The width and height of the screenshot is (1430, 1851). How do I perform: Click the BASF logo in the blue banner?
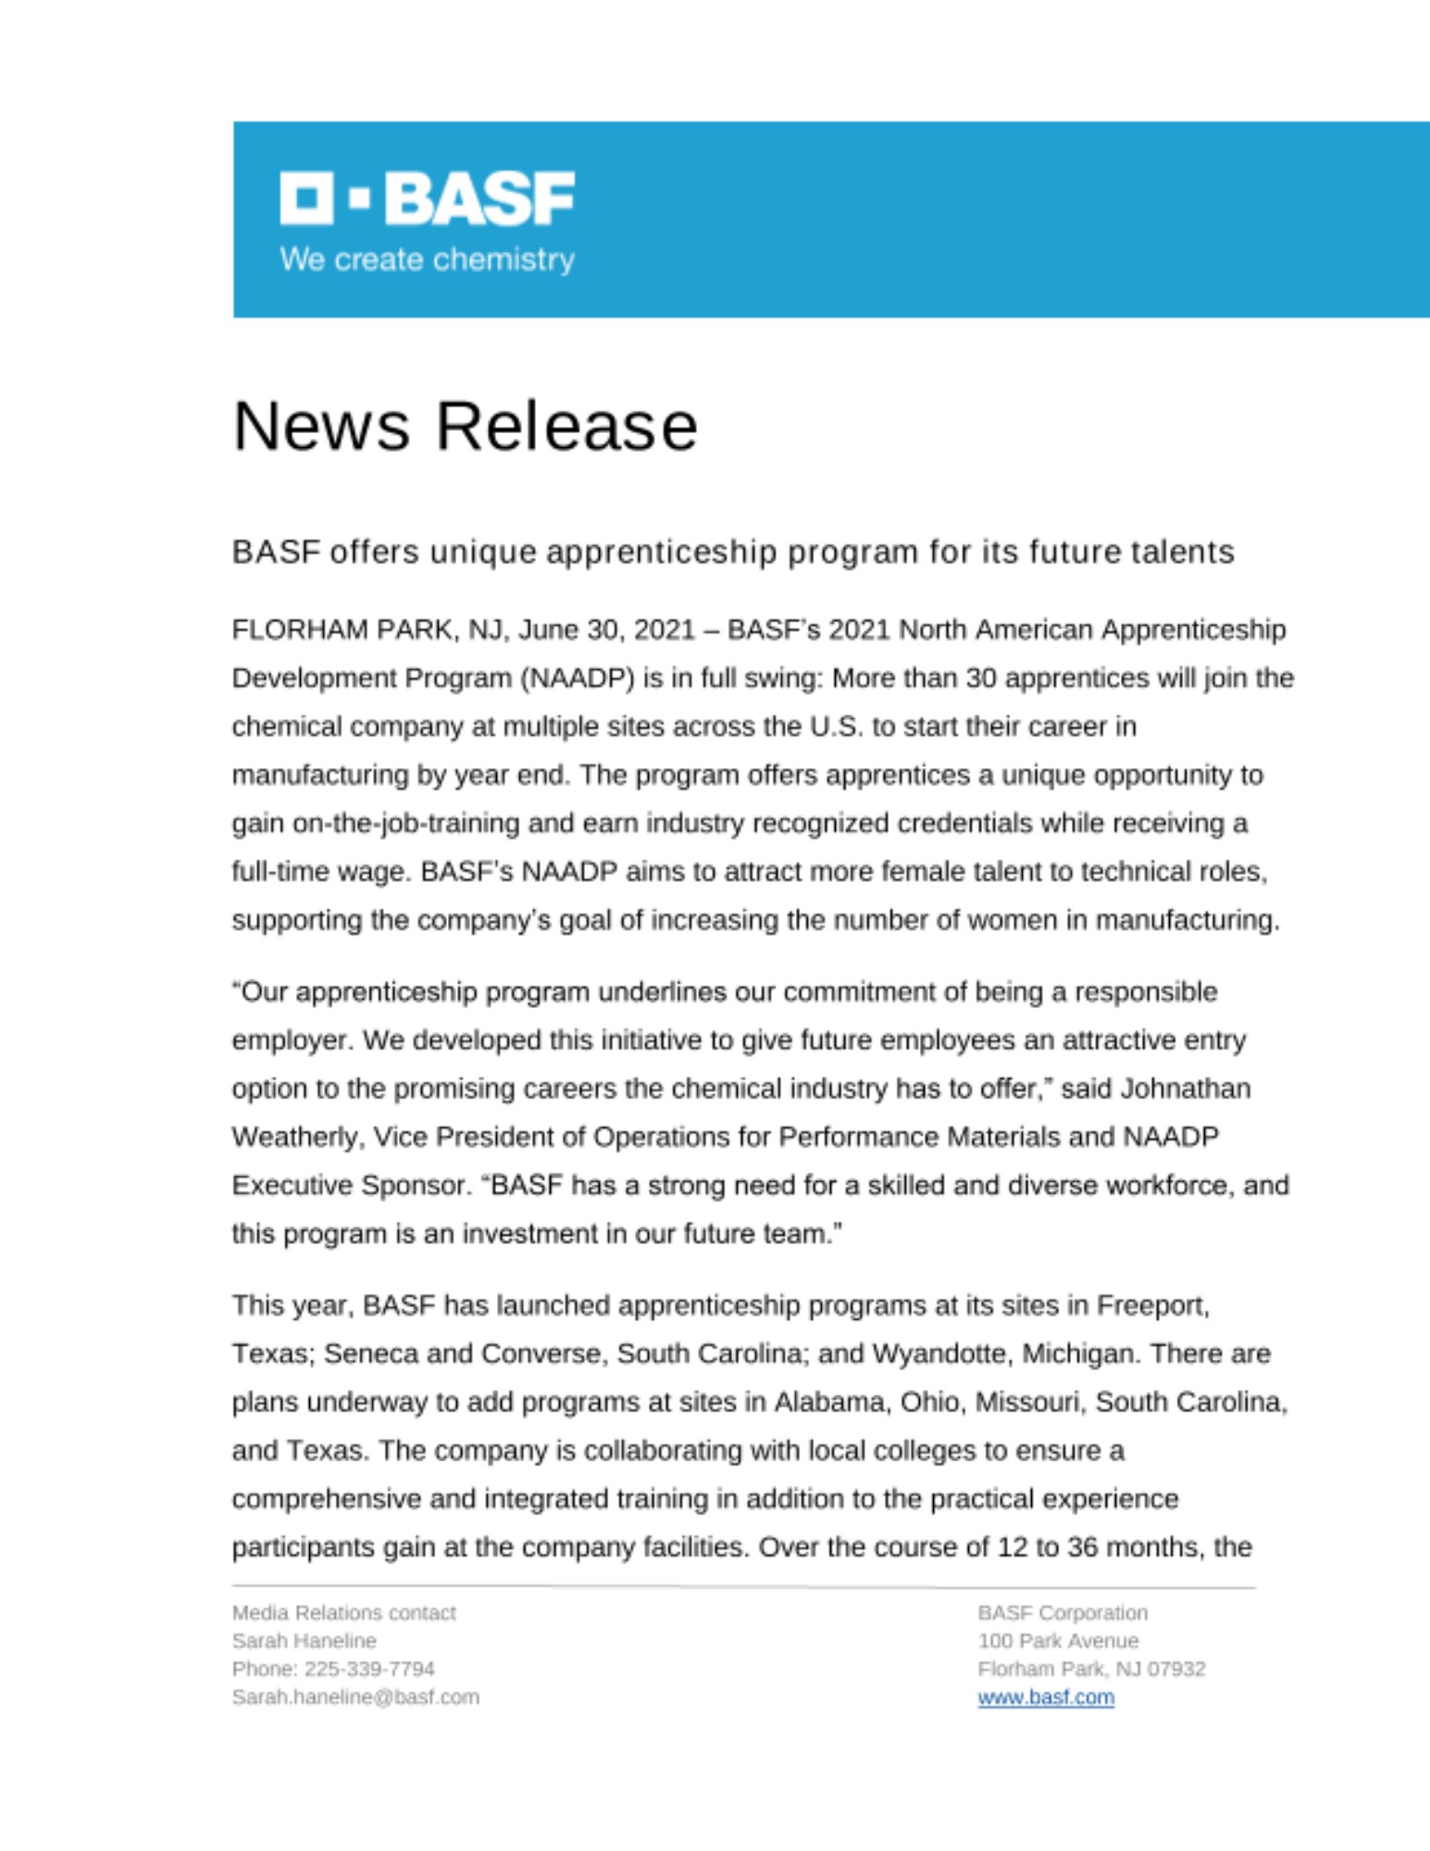tap(427, 197)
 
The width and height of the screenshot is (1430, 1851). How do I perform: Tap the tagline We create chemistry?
tap(427, 259)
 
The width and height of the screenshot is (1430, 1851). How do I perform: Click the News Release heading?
tap(465, 427)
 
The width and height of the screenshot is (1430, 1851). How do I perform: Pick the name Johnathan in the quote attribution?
tap(1185, 1088)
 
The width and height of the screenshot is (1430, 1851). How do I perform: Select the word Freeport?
tap(1152, 1306)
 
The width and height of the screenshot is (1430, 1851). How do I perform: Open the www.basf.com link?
tap(1045, 1697)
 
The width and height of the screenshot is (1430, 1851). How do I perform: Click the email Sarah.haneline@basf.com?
tap(355, 1697)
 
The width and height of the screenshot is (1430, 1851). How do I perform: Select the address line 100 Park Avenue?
tap(1058, 1641)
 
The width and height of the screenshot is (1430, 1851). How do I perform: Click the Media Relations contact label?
tap(343, 1613)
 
